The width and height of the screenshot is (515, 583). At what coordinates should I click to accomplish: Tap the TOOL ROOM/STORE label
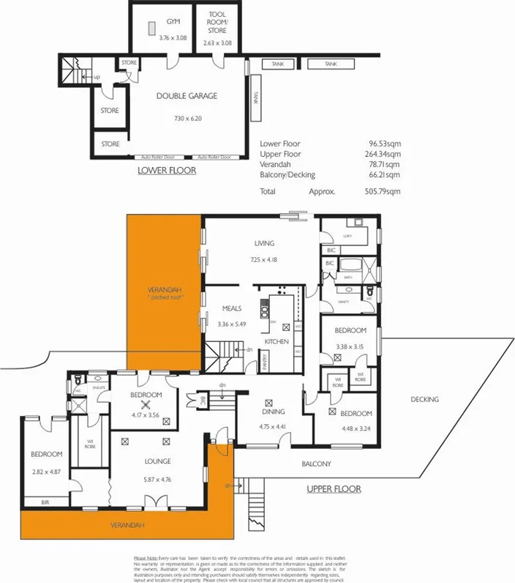218,23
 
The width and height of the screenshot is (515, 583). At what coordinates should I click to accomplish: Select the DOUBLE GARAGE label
187,96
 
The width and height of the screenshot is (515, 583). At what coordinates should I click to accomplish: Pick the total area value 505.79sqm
385,191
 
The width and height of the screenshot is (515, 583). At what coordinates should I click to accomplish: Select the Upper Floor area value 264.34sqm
385,155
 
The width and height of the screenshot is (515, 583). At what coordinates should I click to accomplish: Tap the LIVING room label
264,243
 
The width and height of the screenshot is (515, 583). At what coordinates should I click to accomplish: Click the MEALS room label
232,308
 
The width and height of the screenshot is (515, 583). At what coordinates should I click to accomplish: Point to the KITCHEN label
277,341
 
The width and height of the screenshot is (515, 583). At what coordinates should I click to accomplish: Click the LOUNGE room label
157,461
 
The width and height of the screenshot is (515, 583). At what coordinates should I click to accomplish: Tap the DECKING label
424,399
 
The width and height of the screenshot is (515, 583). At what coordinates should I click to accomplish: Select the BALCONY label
317,464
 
